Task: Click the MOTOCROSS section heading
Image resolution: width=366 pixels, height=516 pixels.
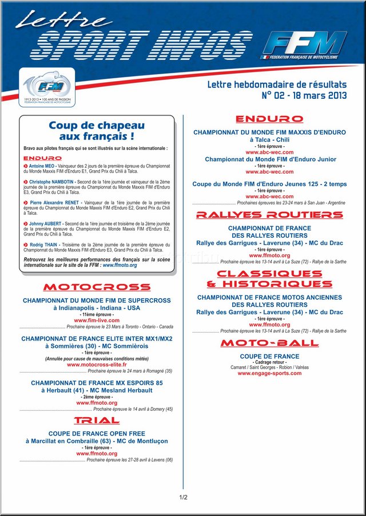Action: [97, 286]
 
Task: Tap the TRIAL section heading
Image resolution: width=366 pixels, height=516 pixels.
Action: [97, 421]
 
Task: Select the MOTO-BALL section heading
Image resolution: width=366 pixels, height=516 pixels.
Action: [269, 343]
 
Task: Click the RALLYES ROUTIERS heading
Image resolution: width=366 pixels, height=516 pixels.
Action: [269, 215]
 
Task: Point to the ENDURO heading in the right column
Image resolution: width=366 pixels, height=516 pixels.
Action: [269, 119]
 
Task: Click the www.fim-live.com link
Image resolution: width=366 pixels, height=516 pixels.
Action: [97, 321]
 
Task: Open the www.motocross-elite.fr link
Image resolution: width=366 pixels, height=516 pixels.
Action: [97, 365]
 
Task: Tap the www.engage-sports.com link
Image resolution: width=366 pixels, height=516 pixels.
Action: [269, 373]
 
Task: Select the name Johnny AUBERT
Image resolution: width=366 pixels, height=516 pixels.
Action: [46, 223]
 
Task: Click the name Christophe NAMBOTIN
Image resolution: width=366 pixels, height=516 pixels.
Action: [51, 182]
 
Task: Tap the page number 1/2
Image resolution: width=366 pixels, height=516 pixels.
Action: [183, 498]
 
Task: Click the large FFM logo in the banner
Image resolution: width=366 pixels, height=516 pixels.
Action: [308, 45]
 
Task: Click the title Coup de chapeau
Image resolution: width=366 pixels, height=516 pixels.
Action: [97, 125]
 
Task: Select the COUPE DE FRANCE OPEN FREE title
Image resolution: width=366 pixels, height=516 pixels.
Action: [97, 434]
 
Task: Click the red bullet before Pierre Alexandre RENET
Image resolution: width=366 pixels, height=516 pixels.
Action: [26, 203]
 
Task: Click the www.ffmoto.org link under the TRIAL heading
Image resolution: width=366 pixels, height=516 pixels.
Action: [97, 454]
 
